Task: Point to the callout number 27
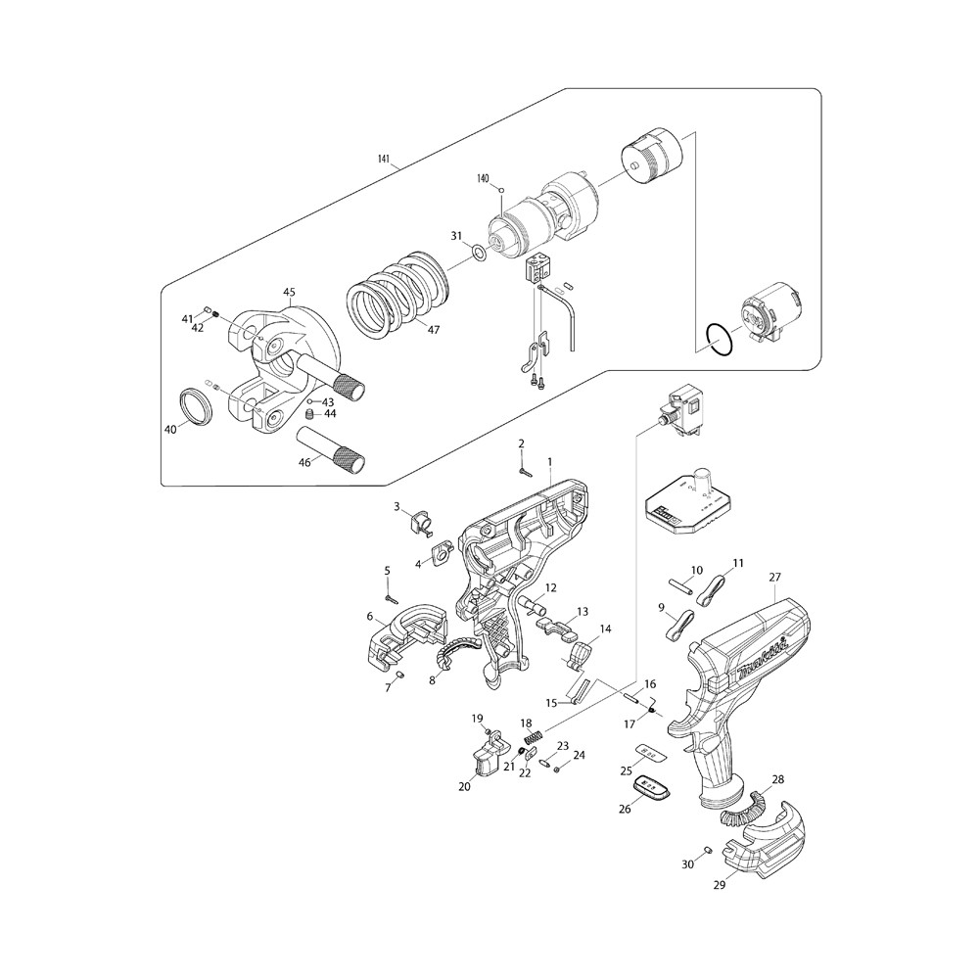pyautogui.click(x=774, y=579)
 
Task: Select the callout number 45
pyautogui.click(x=289, y=292)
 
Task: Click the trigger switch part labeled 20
pyautogui.click(x=485, y=757)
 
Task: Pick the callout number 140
pyautogui.click(x=482, y=178)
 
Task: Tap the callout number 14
pyautogui.click(x=605, y=629)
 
